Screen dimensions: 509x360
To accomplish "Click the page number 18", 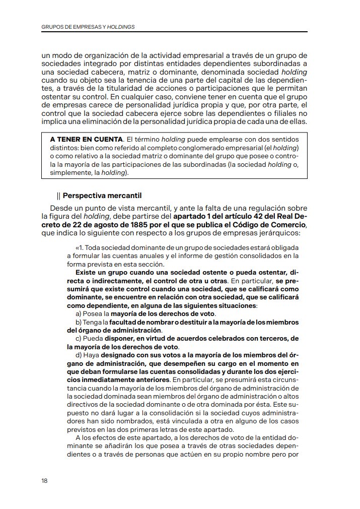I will [44, 480].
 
